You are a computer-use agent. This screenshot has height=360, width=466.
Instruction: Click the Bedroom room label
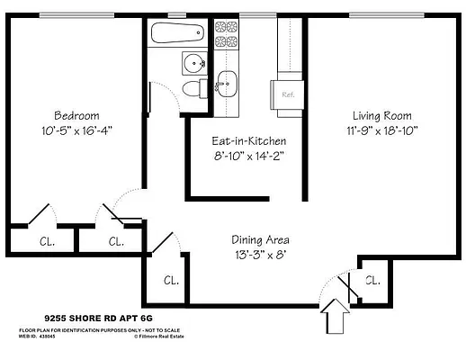click(76, 116)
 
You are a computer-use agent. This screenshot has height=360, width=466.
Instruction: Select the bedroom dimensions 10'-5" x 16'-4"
click(76, 130)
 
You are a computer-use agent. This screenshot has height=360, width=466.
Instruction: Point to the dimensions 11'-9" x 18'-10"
click(381, 130)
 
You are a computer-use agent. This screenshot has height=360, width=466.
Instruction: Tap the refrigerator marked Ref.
click(289, 94)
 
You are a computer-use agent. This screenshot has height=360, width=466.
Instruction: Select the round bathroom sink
click(193, 63)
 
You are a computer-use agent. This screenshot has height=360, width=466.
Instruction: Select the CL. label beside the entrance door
click(372, 280)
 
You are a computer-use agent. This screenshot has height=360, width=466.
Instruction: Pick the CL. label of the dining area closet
click(171, 280)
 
